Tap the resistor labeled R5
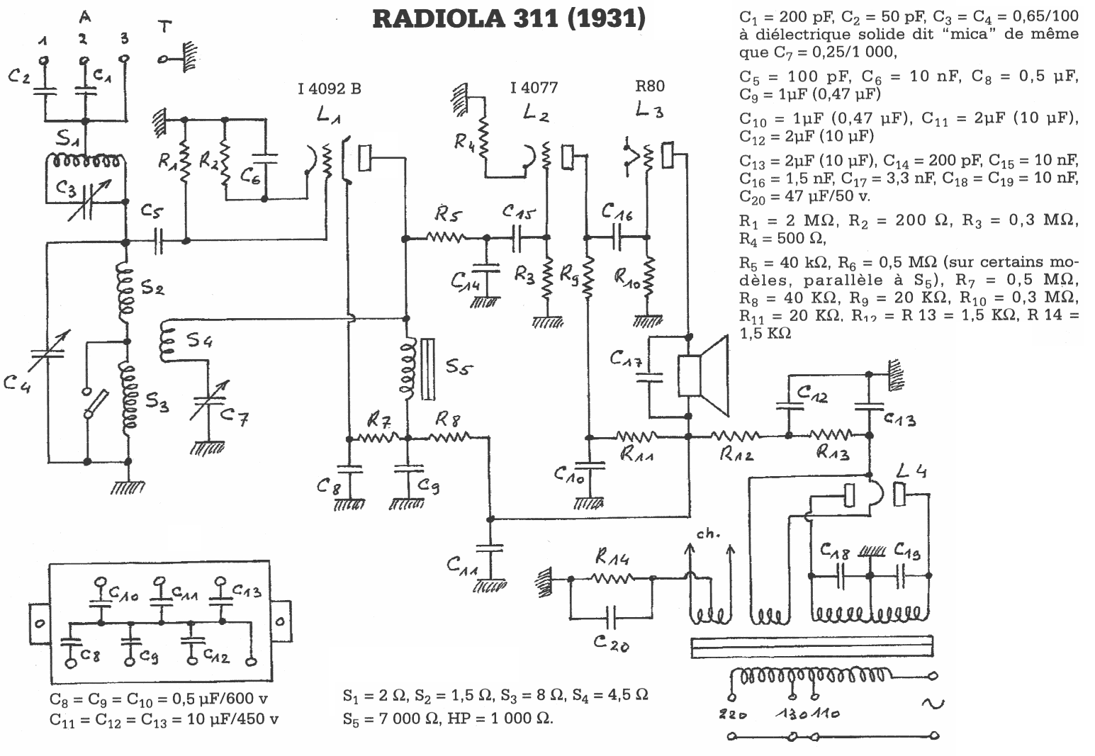click(x=446, y=237)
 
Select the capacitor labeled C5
click(x=157, y=242)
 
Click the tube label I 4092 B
click(x=329, y=89)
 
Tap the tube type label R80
click(x=649, y=87)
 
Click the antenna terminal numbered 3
click(x=125, y=61)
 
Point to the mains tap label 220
click(x=731, y=714)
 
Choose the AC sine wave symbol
click(x=932, y=704)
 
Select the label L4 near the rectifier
click(x=912, y=470)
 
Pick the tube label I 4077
click(x=533, y=88)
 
